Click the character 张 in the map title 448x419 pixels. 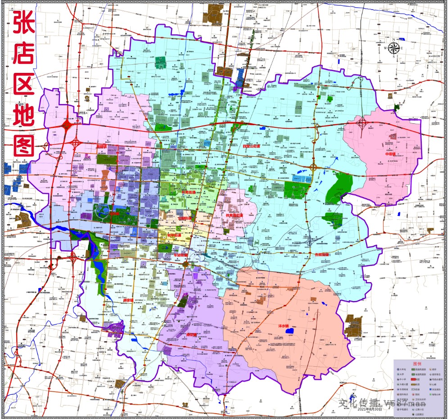tap(24, 23)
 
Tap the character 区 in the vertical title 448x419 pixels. tap(24, 83)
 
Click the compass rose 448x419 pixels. tap(394, 48)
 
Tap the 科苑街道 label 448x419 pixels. tap(188, 192)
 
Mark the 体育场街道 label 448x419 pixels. tap(234, 216)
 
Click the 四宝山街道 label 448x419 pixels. tap(252, 146)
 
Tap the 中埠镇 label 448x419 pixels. tap(389, 154)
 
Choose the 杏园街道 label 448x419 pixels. tap(322, 255)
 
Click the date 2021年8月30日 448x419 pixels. tap(370, 409)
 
